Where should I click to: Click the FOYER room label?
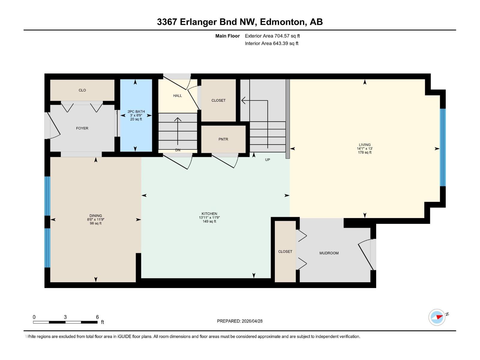pos(82,128)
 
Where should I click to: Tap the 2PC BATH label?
pos(136,112)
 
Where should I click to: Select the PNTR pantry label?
pos(223,139)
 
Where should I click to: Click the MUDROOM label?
pos(329,253)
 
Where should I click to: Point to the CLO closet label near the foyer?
pos(82,90)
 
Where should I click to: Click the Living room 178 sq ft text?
pos(364,152)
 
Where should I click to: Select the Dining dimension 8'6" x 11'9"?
pos(96,220)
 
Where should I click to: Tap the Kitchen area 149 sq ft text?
pos(209,221)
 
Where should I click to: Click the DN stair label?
pos(178,150)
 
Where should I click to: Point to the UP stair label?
pos(267,160)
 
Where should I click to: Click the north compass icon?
pos(437,317)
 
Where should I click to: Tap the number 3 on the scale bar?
pos(65,317)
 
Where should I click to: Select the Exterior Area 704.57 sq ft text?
pos(272,36)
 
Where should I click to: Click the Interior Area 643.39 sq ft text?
pos(271,43)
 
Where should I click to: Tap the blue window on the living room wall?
pos(442,148)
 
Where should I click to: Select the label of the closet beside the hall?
pos(218,100)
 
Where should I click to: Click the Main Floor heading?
pos(227,36)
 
